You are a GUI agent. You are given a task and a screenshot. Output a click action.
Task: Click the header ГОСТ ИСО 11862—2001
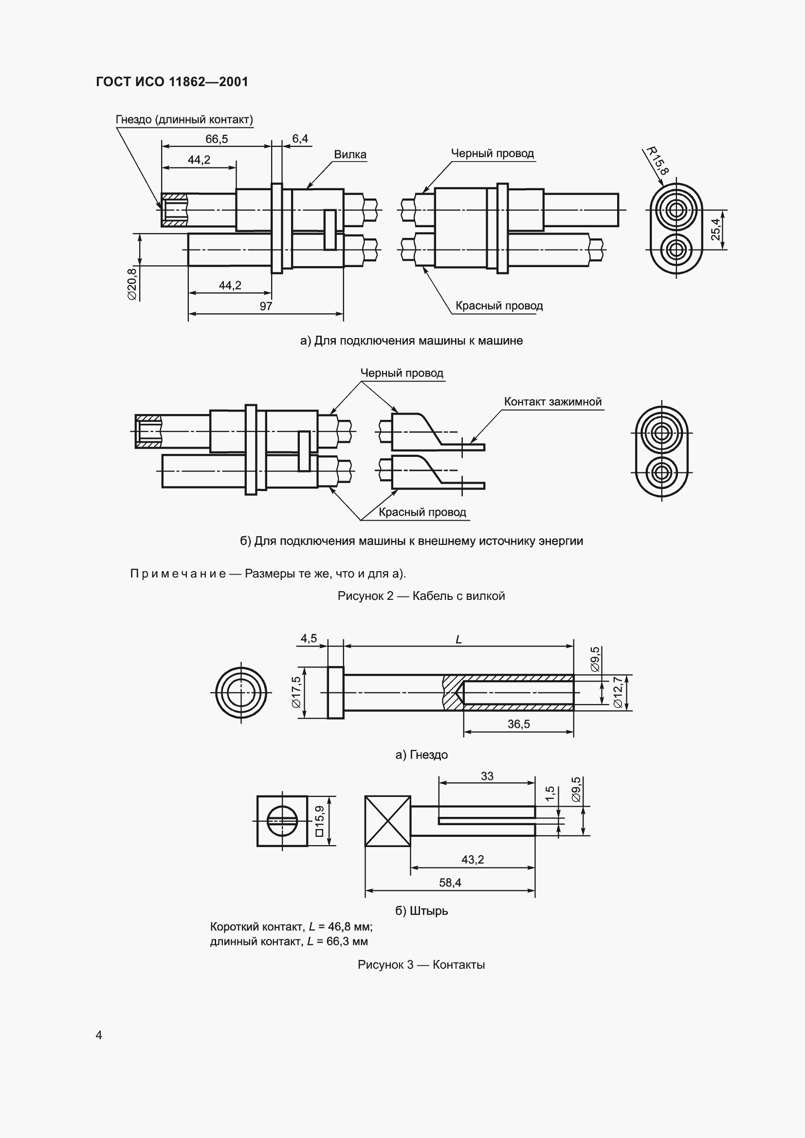pos(172,82)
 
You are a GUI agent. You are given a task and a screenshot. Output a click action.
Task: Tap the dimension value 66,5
pos(217,139)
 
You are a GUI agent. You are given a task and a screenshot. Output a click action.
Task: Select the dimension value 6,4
pos(300,139)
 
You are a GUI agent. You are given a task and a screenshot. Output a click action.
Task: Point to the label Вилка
pos(350,154)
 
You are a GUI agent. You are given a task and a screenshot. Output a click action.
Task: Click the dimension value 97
pos(266,307)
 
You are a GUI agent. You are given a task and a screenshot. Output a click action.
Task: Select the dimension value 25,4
pos(715,230)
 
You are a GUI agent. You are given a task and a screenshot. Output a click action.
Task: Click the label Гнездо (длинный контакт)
pos(184,120)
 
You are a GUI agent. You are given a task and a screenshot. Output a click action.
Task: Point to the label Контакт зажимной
pos(553,401)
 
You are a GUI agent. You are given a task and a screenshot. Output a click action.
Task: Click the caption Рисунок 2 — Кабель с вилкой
pos(421,596)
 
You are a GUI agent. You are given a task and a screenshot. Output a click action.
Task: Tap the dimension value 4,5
pos(308,638)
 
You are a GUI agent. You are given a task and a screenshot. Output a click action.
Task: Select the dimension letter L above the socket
pos(458,640)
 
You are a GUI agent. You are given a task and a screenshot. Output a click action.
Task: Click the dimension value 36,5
pos(518,724)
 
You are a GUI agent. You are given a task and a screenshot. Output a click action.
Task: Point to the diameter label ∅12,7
pos(618,692)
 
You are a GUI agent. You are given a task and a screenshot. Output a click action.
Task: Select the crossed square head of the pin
pos(387,821)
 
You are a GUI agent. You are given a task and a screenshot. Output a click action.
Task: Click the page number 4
pos(99,1035)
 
